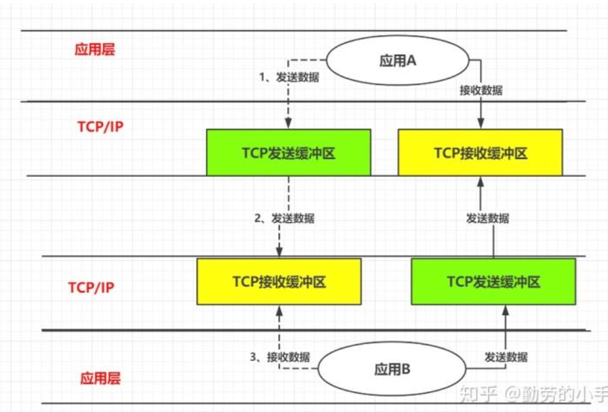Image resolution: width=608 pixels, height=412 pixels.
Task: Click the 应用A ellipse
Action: coord(398,62)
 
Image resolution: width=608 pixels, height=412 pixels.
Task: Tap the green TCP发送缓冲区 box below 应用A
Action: coord(289,152)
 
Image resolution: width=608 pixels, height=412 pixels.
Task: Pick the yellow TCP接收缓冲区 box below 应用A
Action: coord(480,152)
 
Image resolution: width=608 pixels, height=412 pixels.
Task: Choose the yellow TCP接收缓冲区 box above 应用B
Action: coord(279,281)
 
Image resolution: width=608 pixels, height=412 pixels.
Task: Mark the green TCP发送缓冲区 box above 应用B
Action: coord(493,281)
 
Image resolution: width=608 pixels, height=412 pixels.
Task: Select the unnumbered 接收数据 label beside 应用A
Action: coord(481,91)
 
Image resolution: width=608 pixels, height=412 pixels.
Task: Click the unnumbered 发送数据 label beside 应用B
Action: coord(506,357)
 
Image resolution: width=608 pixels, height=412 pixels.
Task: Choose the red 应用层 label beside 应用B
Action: coord(99,378)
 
